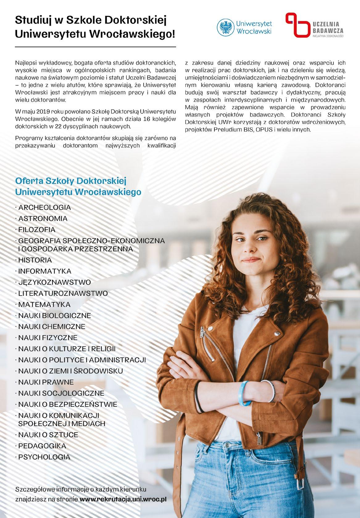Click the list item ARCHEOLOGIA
[44, 207]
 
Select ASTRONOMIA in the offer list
[43, 219]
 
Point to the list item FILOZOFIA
[37, 230]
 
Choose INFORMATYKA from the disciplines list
[45, 271]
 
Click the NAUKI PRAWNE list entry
[46, 382]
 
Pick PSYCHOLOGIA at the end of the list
[44, 457]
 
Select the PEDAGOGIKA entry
[42, 446]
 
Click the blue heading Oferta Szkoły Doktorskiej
[71, 180]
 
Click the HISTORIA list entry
[35, 260]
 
